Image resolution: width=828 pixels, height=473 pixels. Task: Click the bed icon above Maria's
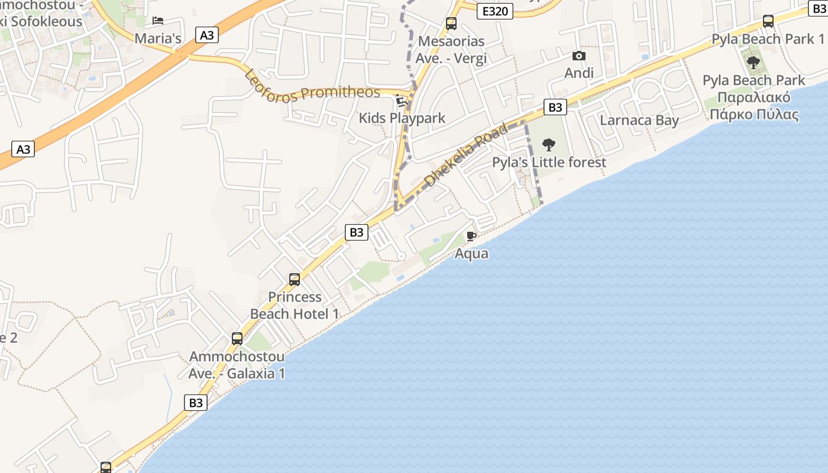tap(158, 21)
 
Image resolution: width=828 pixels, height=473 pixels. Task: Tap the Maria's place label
tap(158, 38)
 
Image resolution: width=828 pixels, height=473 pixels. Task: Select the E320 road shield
tap(494, 11)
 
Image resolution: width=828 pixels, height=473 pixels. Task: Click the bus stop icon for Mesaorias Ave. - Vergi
tap(451, 24)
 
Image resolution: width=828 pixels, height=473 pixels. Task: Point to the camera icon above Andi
tap(579, 56)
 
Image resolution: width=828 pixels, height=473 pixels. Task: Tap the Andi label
tap(579, 73)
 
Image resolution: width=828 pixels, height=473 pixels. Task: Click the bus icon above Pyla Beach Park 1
tap(768, 22)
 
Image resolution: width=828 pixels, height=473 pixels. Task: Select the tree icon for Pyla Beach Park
tap(753, 62)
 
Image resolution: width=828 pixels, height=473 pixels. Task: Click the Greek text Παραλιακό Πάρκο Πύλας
tap(754, 105)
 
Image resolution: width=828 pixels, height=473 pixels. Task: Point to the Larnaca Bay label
tap(639, 120)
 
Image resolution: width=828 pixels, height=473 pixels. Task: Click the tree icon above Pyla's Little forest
tap(549, 144)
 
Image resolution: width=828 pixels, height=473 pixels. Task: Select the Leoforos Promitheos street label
tap(312, 88)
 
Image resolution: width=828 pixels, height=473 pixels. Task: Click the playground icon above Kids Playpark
tap(402, 101)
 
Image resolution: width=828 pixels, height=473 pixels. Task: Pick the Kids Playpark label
tap(402, 118)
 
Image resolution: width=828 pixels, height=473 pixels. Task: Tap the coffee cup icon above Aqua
tap(471, 237)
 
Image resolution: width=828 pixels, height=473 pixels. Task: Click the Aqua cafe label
tap(471, 254)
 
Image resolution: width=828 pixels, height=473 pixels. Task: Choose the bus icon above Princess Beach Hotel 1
tap(295, 280)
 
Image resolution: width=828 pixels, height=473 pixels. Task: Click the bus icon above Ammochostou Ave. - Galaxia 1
tap(237, 339)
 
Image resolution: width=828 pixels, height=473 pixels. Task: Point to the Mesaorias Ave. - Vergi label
tap(451, 50)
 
